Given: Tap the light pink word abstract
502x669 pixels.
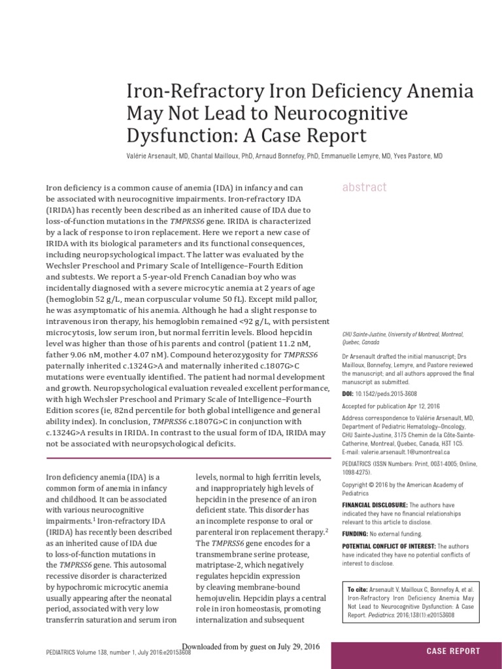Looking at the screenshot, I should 365,188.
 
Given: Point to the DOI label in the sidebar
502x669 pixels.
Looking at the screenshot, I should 348,394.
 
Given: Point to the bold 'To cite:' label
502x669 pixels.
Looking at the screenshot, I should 359,589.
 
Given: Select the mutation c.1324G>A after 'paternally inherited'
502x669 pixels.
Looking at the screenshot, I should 154,367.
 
